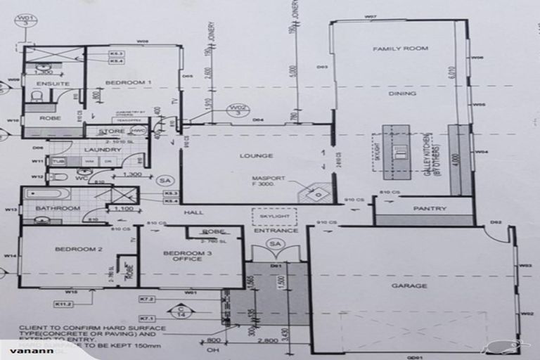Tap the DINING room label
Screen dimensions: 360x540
pos(402,93)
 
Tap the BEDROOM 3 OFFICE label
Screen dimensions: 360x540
pos(182,255)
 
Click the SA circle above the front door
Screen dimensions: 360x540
pos(274,244)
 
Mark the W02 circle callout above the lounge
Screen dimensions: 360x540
pos(237,110)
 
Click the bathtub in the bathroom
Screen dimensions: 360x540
pos(47,193)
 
